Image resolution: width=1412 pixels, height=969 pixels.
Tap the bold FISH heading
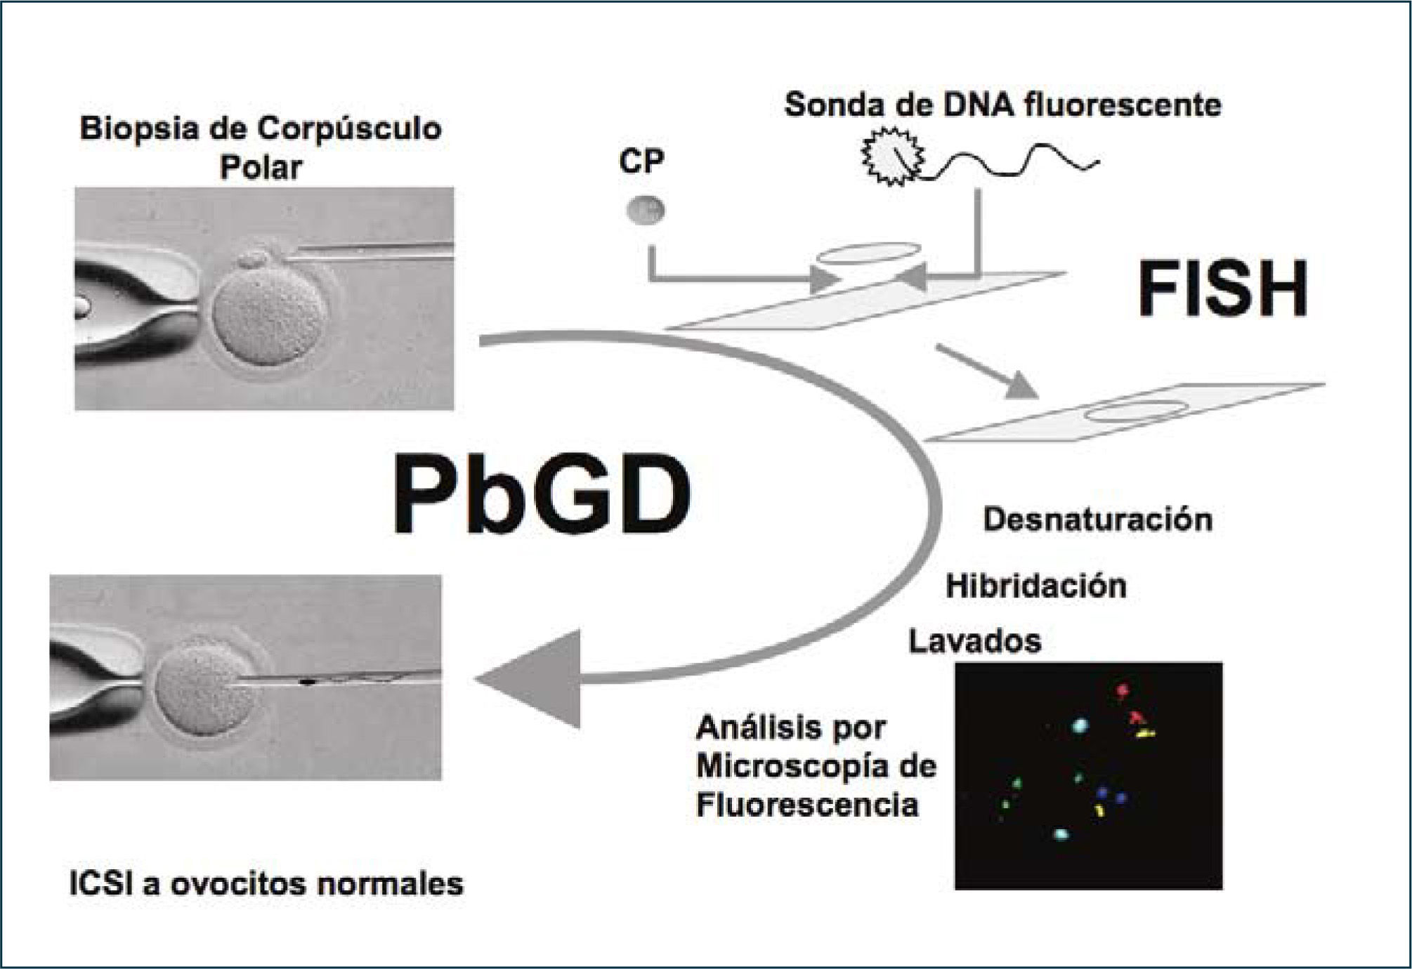pyautogui.click(x=1223, y=289)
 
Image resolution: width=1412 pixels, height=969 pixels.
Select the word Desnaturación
pyautogui.click(x=1097, y=520)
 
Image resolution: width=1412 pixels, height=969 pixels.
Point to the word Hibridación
pyautogui.click(x=1036, y=586)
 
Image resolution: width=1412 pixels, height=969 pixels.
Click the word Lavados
pyautogui.click(x=974, y=641)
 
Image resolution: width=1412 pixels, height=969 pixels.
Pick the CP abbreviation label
pyautogui.click(x=641, y=161)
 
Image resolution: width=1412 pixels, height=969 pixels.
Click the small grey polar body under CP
pyautogui.click(x=645, y=210)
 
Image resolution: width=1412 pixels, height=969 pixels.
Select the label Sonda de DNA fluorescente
pyautogui.click(x=1002, y=105)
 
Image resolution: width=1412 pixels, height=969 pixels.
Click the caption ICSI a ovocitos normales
pyautogui.click(x=266, y=883)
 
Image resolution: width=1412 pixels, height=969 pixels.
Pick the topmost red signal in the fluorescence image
pyautogui.click(x=1122, y=691)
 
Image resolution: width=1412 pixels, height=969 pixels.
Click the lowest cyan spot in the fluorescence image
pyautogui.click(x=1061, y=835)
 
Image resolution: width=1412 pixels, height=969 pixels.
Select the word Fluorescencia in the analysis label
pyautogui.click(x=806, y=805)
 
